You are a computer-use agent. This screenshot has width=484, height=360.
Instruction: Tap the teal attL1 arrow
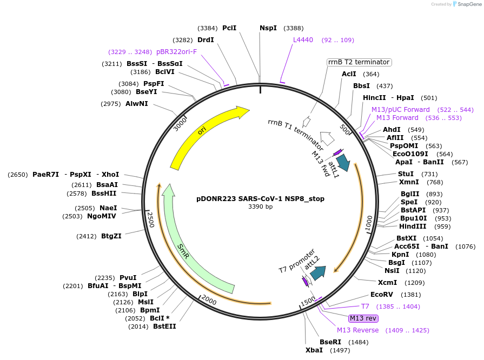[x=343, y=162]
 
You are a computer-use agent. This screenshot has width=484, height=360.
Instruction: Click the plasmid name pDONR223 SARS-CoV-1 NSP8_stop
[x=260, y=199]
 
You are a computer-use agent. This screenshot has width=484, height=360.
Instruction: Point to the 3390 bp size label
[x=260, y=206]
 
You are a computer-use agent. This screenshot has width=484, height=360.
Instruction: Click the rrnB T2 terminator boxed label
[x=359, y=62]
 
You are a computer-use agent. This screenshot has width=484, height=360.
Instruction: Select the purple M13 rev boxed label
[x=363, y=318]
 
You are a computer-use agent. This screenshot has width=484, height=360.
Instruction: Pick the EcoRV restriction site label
[x=381, y=295]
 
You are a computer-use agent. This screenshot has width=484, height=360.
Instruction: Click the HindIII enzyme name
[x=413, y=226]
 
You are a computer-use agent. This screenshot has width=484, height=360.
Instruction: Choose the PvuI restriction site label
[x=128, y=278]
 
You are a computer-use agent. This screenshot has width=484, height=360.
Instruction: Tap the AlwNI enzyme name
[x=136, y=104]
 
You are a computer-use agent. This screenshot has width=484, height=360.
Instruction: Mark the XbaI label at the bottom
[x=314, y=350]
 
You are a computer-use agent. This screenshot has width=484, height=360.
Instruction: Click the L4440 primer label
[x=303, y=40]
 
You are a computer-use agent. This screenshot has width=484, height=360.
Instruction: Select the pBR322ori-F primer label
[x=176, y=52]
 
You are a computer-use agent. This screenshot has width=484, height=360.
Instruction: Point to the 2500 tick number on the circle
[x=150, y=219]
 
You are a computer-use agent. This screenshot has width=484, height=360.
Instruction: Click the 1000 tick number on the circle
[x=369, y=223]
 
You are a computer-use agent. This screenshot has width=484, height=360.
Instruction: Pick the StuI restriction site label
[x=406, y=174]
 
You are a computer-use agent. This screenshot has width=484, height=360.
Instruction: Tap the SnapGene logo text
[x=469, y=4]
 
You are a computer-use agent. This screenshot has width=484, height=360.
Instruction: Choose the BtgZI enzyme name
[x=111, y=236]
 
